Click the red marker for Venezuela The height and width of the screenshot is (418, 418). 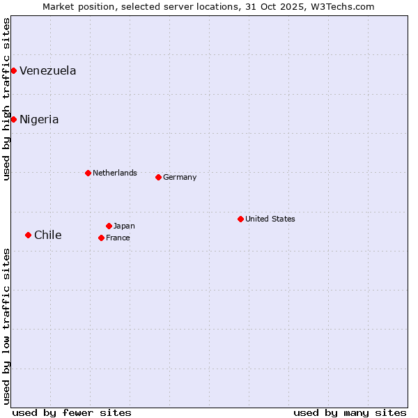[x=13, y=70]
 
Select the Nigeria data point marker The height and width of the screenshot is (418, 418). [x=13, y=119]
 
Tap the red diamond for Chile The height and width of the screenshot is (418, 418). [x=28, y=235]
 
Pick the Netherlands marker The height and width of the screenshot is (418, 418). [x=88, y=173]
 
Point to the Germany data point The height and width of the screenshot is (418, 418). [x=158, y=177]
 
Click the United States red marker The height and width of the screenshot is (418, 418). [x=240, y=219]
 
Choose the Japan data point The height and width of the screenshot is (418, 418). [x=109, y=226]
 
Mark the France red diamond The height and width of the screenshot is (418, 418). [x=101, y=238]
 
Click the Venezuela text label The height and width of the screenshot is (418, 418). [x=48, y=70]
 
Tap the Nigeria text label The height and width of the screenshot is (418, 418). [x=39, y=119]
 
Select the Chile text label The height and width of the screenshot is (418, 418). [x=48, y=235]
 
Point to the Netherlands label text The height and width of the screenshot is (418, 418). [x=115, y=173]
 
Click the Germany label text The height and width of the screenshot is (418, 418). [x=180, y=177]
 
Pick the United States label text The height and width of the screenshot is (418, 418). [x=270, y=219]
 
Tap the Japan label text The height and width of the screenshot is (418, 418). [x=124, y=226]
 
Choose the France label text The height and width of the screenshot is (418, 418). [x=118, y=238]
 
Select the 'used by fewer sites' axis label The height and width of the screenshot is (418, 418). [x=72, y=412]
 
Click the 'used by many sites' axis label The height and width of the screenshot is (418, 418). [x=350, y=412]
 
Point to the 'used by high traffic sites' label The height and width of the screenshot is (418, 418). [x=6, y=99]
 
